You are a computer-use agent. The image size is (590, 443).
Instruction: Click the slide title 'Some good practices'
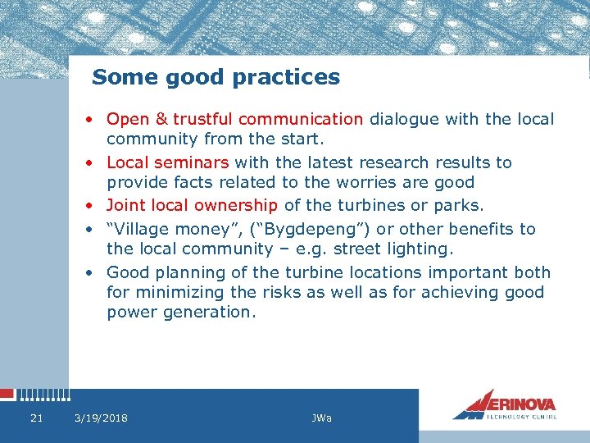216,77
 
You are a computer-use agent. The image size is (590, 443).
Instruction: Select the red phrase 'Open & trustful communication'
234,120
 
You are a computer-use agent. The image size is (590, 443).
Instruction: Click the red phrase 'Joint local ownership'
192,205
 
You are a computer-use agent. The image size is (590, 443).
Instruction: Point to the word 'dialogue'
405,120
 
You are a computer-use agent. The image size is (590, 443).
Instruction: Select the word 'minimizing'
184,292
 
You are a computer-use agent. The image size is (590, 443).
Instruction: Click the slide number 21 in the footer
36,418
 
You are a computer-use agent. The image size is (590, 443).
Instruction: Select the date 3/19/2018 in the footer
101,418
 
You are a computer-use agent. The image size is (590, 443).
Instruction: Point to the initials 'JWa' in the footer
321,418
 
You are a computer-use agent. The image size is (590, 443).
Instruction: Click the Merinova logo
505,404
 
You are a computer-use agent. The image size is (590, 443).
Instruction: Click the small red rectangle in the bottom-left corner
7,395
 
